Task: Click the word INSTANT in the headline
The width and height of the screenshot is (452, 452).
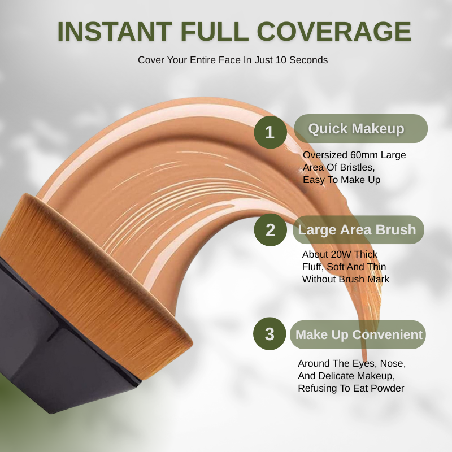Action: point(115,32)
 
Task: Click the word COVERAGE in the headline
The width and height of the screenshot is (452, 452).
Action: point(334,32)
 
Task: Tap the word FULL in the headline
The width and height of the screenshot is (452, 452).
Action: point(215,32)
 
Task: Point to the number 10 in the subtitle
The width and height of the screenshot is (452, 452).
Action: point(281,60)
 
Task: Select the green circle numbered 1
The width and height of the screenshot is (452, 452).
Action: point(270,132)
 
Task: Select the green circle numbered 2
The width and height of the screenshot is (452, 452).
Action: point(270,230)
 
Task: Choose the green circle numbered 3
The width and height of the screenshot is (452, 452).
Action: point(270,334)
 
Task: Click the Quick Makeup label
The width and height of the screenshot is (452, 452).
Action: point(360,129)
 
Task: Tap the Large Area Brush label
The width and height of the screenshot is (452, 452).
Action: point(358,230)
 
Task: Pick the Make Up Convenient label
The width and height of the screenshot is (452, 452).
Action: point(358,334)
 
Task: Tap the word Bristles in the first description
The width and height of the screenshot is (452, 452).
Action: point(357,167)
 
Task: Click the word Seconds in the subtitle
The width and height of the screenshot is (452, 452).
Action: point(308,60)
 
